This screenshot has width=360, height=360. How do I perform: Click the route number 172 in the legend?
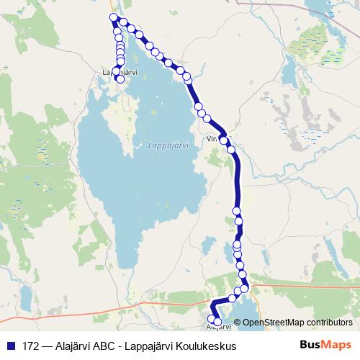32,346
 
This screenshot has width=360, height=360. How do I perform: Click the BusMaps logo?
325,345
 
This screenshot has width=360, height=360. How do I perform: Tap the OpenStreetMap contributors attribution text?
297,322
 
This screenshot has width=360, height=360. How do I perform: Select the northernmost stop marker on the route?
113,17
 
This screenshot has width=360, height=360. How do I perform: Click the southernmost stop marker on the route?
217,321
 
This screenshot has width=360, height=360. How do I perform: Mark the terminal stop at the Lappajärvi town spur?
120,80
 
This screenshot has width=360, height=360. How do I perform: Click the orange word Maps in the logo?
337,345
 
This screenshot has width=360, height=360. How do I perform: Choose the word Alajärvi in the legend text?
76,346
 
